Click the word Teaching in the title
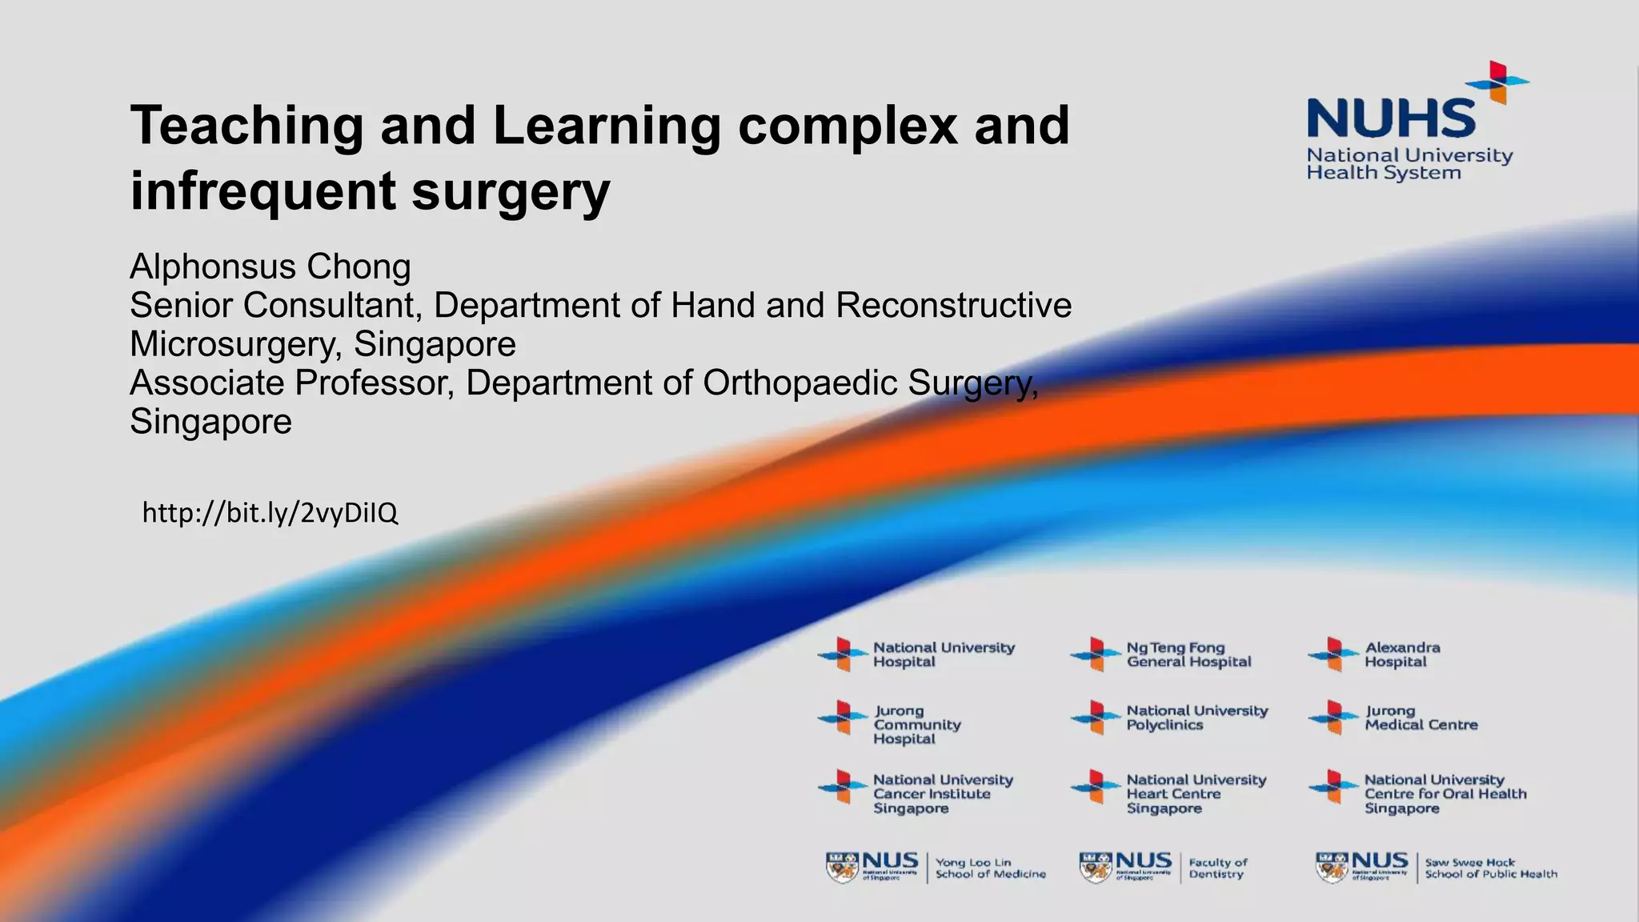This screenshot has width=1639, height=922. [246, 126]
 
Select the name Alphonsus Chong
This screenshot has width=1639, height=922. [270, 267]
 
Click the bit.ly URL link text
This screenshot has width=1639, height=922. [270, 513]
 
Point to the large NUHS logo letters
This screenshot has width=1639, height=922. [1391, 118]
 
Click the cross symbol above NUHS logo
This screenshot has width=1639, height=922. [1497, 82]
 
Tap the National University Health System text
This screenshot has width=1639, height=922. [1409, 164]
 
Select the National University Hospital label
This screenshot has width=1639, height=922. [943, 655]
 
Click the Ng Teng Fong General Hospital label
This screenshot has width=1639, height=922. [1188, 655]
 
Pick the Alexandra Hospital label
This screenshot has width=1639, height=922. [1401, 655]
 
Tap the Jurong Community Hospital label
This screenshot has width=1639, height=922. [916, 724]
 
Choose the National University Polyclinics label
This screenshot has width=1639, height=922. [1196, 718]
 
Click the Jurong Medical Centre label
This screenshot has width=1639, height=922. [1421, 718]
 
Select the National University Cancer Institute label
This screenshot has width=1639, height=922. [942, 794]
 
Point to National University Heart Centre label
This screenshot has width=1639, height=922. [1196, 794]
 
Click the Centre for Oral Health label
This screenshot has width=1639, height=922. [1445, 794]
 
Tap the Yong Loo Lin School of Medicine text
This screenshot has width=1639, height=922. [990, 868]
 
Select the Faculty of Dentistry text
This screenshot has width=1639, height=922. [1217, 868]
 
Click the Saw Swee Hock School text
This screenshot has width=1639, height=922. [1490, 868]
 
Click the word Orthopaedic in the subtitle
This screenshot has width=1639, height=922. [799, 383]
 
